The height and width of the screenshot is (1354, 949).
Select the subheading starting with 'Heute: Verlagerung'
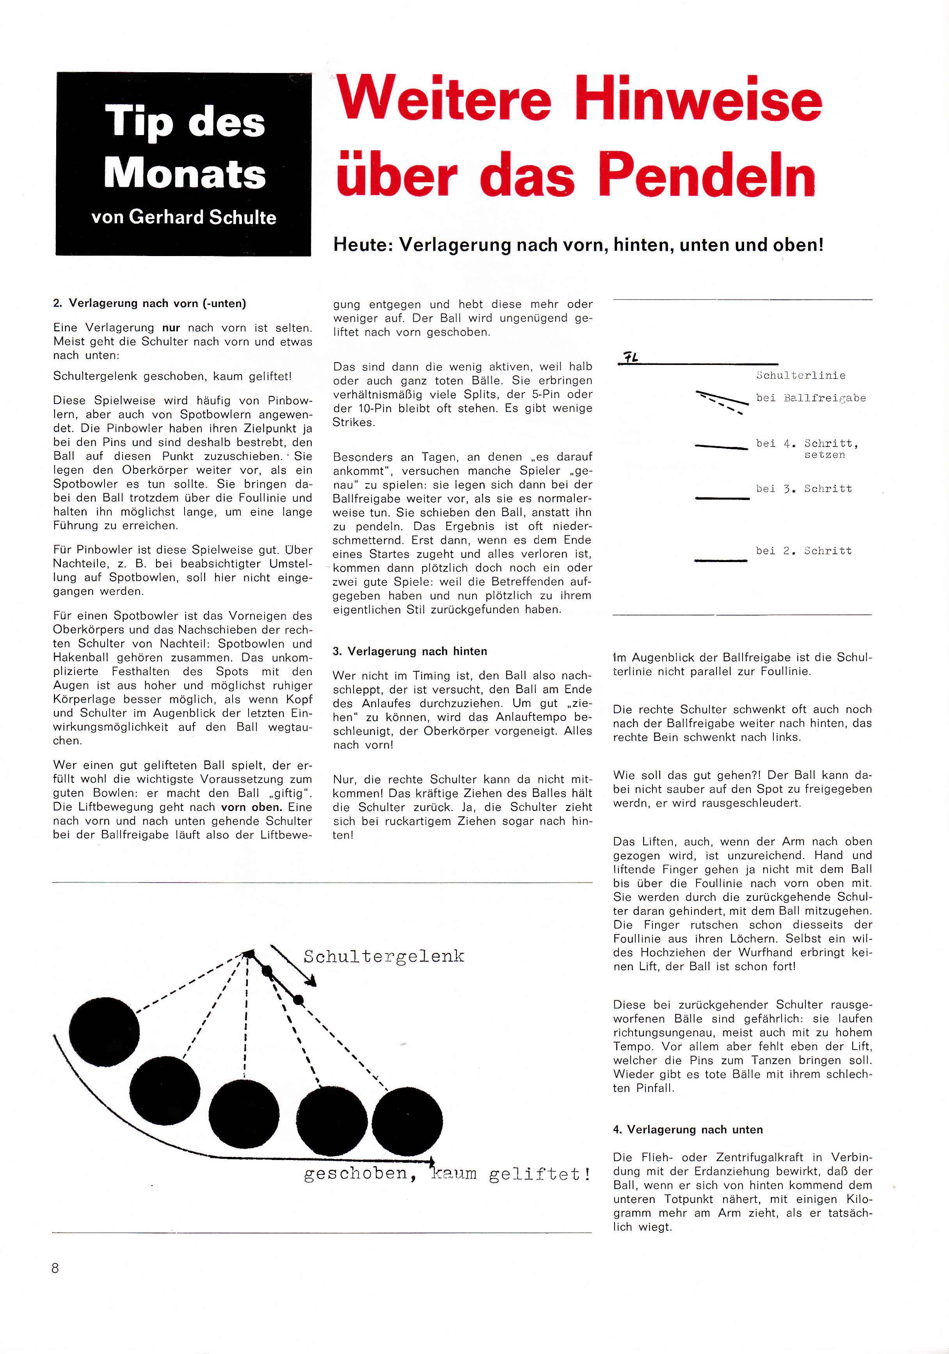tap(578, 244)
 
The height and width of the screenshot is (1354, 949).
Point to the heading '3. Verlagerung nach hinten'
tap(410, 651)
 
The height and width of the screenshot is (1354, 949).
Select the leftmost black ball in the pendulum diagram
tap(105, 1032)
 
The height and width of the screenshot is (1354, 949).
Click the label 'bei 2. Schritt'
tap(804, 551)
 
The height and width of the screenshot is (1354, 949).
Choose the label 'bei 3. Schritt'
tap(804, 489)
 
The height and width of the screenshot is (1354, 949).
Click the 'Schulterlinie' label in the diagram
tap(800, 375)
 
